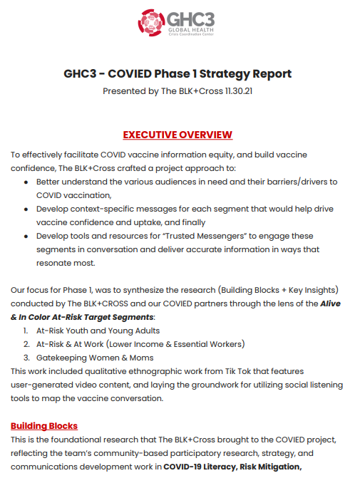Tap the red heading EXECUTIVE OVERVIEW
178,135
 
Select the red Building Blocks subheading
44,425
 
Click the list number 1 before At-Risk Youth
26,331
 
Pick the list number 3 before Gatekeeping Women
26,358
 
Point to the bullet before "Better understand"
26,182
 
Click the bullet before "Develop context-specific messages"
26,209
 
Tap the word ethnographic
174,371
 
